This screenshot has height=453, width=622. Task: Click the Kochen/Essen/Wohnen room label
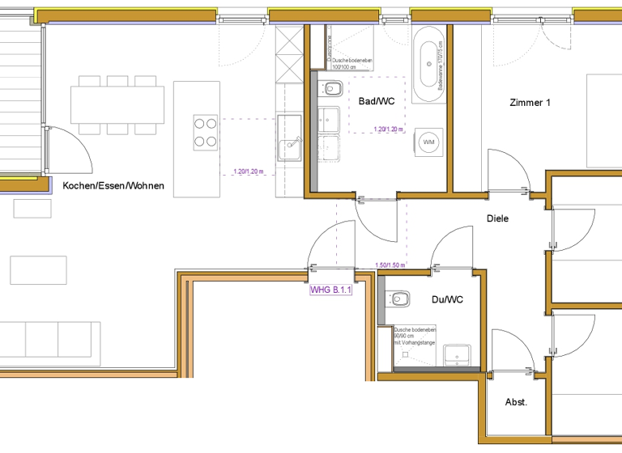113,186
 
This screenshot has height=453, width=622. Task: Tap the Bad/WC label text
377,101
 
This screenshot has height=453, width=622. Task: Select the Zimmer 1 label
530,103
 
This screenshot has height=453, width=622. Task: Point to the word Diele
497,218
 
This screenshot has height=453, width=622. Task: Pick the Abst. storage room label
516,402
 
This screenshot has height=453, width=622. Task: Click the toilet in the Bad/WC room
332,88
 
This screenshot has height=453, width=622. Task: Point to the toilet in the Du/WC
398,300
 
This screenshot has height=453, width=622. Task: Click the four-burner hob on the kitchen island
205,132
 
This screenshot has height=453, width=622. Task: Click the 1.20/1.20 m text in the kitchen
248,171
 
